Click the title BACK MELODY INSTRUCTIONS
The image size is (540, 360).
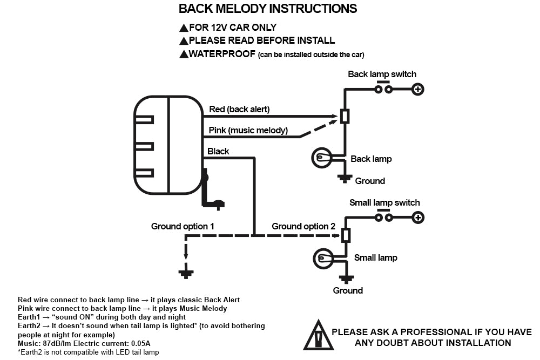coord(268,9)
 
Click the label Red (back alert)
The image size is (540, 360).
coord(239,109)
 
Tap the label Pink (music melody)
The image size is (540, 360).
coord(248,130)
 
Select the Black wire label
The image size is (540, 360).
coord(218,151)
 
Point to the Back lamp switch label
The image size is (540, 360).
coord(382,74)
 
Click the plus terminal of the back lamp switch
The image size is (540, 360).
coord(418,90)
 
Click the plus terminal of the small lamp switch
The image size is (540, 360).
coord(418,218)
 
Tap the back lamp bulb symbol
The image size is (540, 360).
coord(322,158)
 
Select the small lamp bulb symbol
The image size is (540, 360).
coord(323,258)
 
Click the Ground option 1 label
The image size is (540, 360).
coord(183,226)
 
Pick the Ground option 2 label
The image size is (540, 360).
coord(303,226)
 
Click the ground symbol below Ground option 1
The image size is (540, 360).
coord(186,274)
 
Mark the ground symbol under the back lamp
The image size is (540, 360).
coord(345,178)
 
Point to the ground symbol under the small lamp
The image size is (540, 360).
coord(347,279)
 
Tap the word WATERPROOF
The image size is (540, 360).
coord(222,54)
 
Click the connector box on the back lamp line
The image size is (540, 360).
coord(345,117)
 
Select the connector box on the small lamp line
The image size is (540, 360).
coord(346,235)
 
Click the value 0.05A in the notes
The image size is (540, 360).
coord(141,343)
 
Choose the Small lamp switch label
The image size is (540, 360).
coord(384,202)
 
